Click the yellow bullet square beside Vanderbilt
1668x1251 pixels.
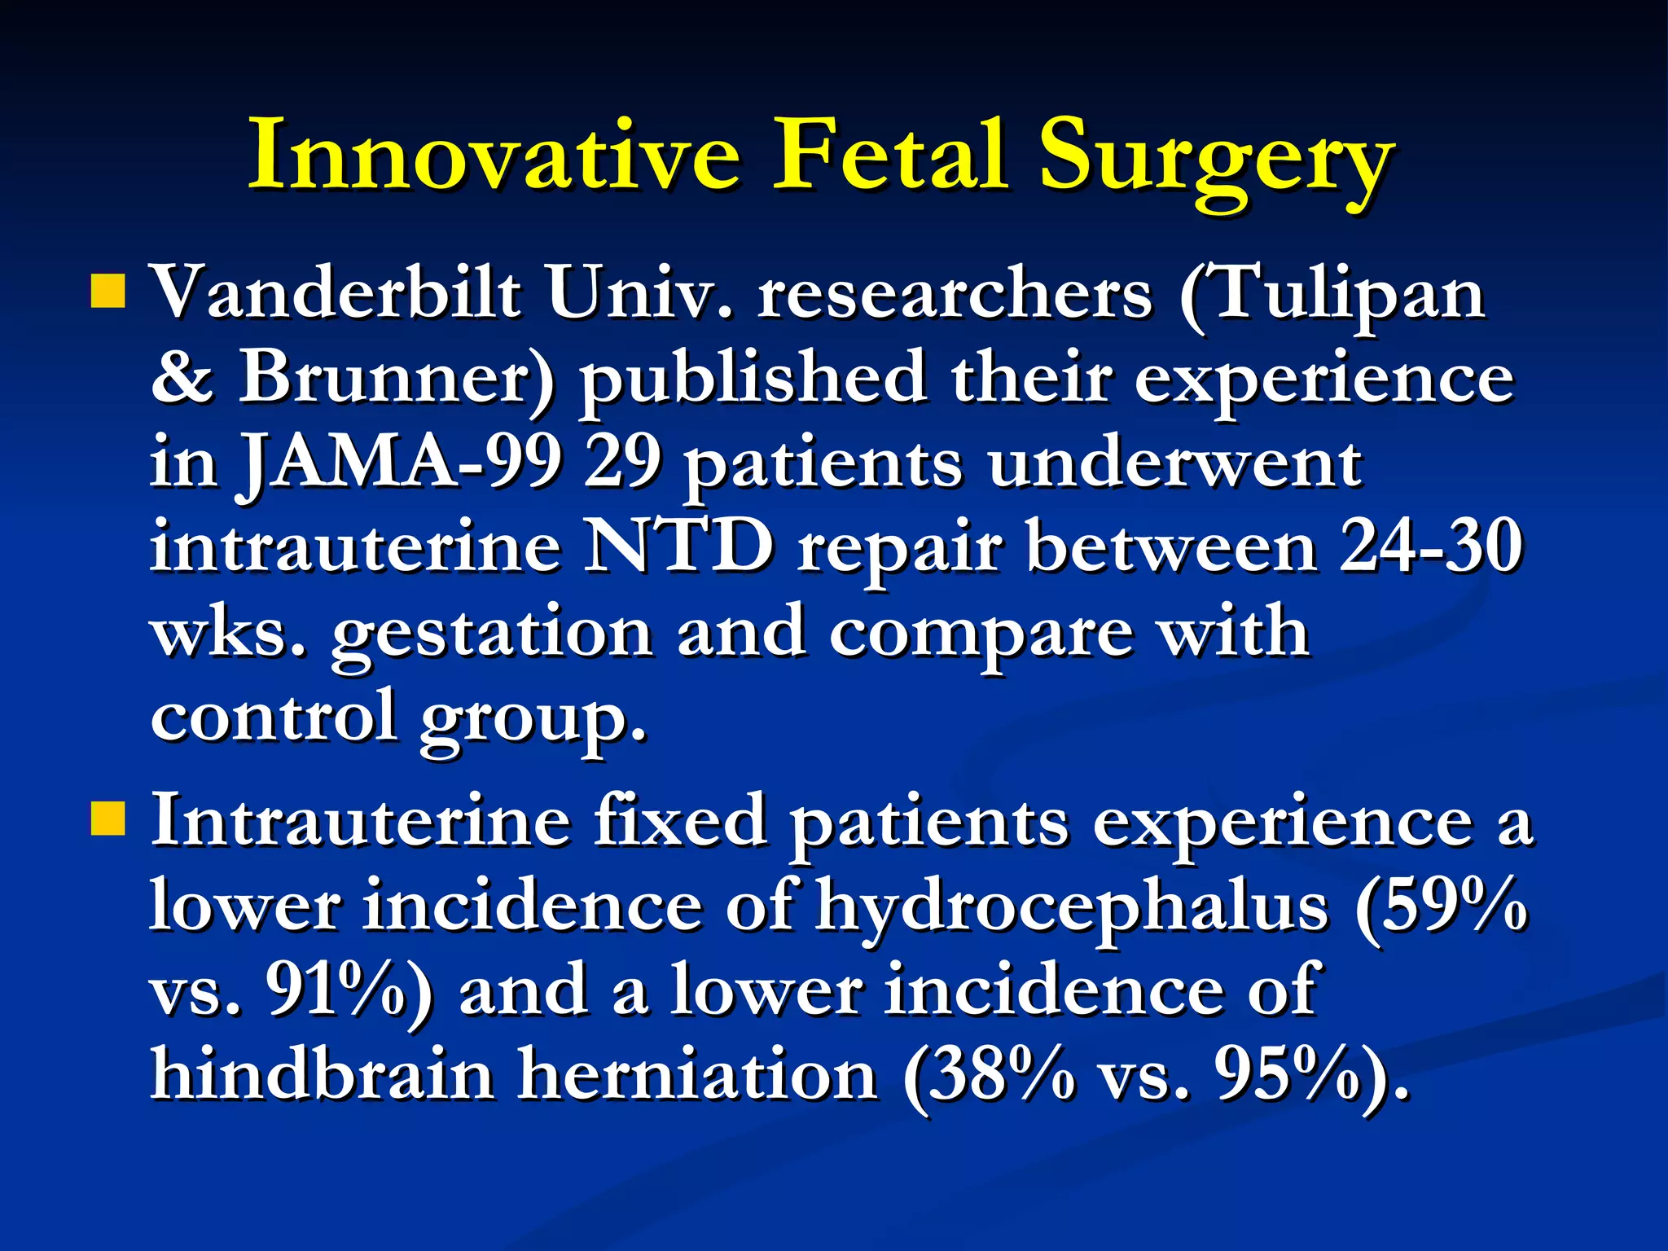pyautogui.click(x=108, y=291)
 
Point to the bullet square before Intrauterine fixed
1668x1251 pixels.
pyautogui.click(x=108, y=818)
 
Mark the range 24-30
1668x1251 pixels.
pyautogui.click(x=1430, y=546)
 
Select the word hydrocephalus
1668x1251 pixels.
pyautogui.click(x=1071, y=908)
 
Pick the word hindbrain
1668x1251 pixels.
pyautogui.click(x=323, y=1074)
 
